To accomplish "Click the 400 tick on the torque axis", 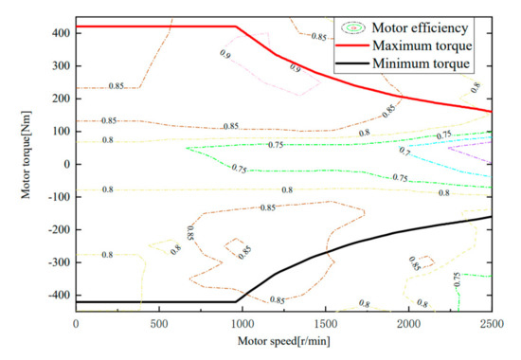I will click(x=60, y=33).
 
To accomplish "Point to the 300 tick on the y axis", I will click(x=60, y=66).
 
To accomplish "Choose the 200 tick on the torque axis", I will click(x=60, y=99).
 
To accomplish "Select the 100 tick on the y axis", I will click(x=60, y=132).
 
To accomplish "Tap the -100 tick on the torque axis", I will click(x=58, y=197).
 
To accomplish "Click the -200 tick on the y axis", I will click(x=58, y=229).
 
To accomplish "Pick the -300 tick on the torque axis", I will click(x=58, y=262).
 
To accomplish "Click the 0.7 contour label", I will click(x=404, y=151).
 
